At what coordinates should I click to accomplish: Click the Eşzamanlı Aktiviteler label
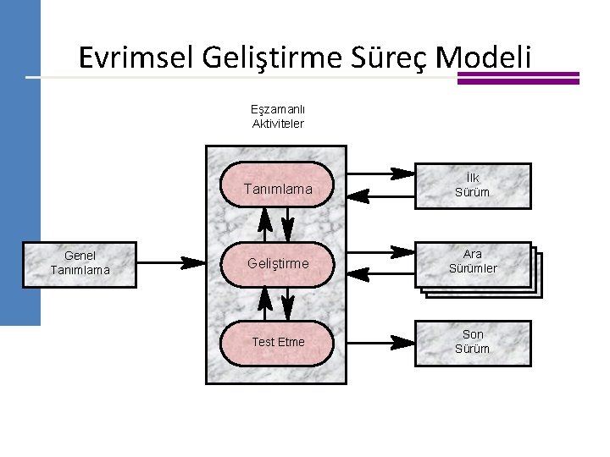[278, 116]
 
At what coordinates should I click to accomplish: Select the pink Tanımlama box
[276, 187]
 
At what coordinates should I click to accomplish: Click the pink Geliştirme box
[276, 263]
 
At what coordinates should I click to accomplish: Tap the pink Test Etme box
[276, 342]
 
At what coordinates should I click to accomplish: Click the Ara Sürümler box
[474, 263]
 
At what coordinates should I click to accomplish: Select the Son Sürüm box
[472, 342]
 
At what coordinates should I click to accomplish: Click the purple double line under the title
[518, 78]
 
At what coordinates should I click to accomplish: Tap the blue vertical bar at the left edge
[19, 169]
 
